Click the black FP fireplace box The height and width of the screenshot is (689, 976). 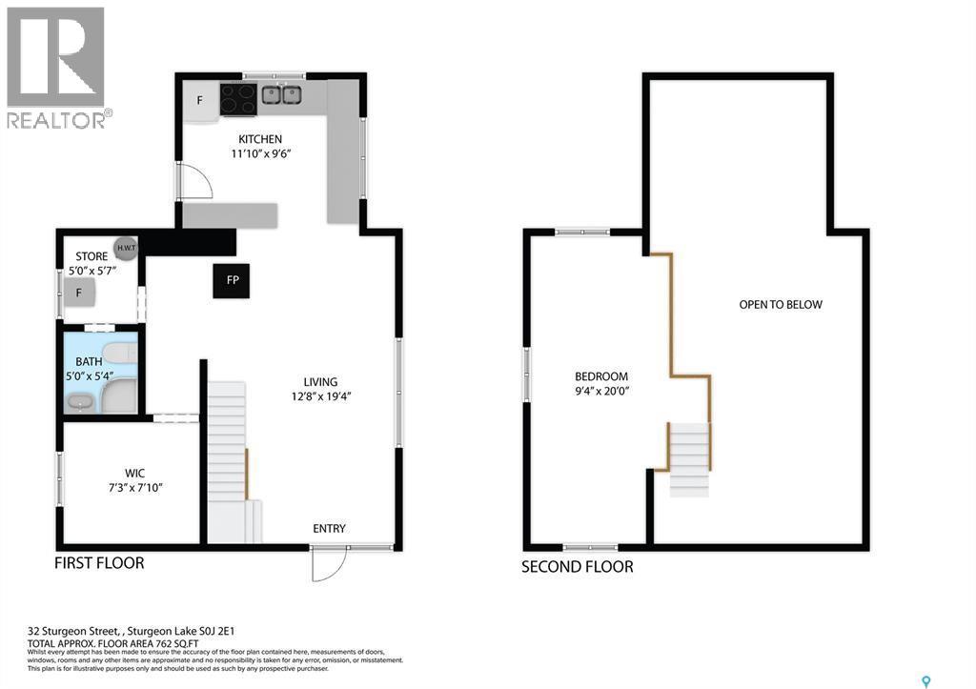click(232, 280)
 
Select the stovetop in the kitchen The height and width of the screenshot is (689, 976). click(238, 98)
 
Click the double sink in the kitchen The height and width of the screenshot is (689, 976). click(281, 95)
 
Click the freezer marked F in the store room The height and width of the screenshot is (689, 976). click(81, 293)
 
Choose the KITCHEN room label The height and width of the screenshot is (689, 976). click(260, 139)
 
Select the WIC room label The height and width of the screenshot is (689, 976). click(134, 472)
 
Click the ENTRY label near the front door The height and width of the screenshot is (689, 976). click(329, 529)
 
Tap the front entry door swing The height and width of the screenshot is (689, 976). click(326, 565)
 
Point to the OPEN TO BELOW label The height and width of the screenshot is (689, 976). click(780, 305)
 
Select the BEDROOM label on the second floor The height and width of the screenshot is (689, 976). click(600, 375)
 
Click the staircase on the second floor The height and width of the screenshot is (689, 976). click(689, 460)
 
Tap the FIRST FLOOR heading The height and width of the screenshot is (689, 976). click(99, 563)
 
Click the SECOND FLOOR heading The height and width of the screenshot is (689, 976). click(577, 567)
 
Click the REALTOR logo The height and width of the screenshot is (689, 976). click(57, 68)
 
